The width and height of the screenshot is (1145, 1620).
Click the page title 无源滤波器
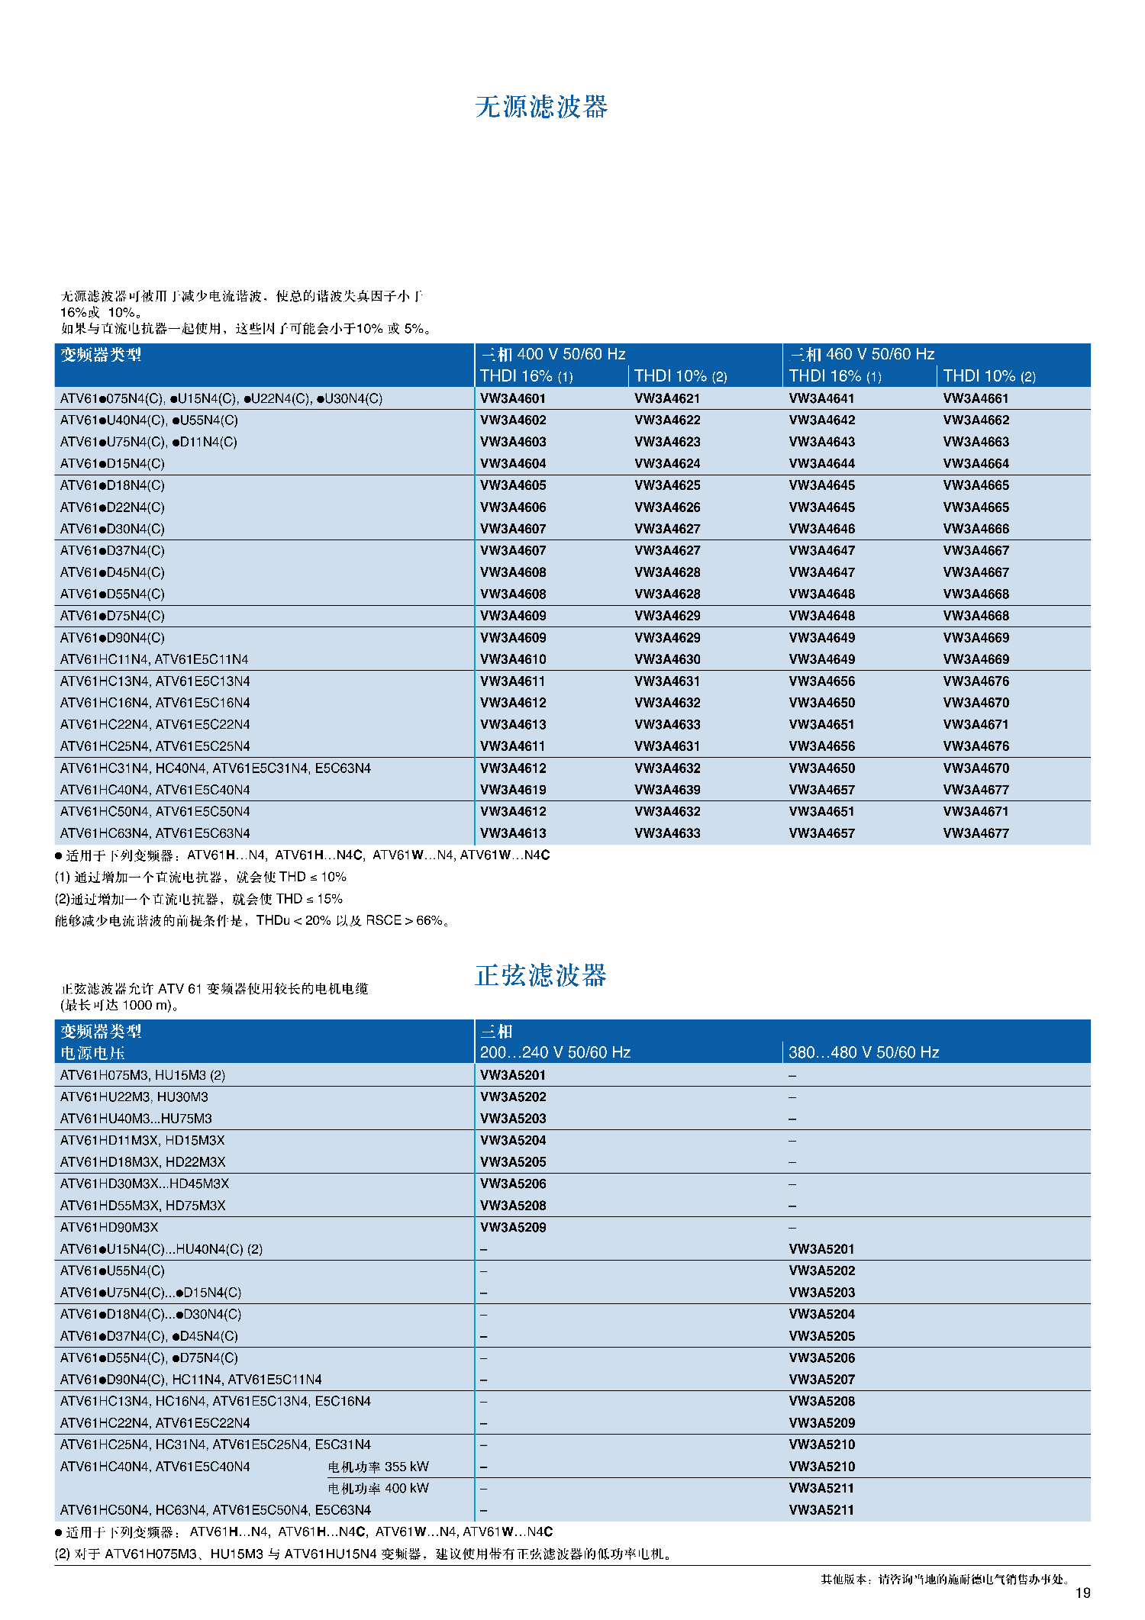[x=541, y=107]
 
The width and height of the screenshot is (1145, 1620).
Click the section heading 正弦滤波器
[x=540, y=975]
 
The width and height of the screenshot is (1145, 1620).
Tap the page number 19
[x=1082, y=1593]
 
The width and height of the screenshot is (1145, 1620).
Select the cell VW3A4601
[x=513, y=398]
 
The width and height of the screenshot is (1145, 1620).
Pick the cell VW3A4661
[x=976, y=398]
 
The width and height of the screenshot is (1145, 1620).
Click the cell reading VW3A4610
[x=513, y=659]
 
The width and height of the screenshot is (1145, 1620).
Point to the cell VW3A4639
[x=667, y=790]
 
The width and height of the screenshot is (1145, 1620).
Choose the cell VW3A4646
[x=821, y=529]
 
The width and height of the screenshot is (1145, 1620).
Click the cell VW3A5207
[x=821, y=1380]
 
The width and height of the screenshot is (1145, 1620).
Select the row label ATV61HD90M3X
[x=109, y=1227]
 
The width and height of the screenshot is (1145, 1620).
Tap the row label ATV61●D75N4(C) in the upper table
[x=112, y=616]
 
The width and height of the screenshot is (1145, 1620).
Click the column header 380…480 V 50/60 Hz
[x=863, y=1052]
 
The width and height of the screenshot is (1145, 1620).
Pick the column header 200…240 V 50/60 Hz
[x=555, y=1052]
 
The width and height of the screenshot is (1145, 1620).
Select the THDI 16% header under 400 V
[x=526, y=376]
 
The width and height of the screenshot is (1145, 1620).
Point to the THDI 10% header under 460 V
[x=989, y=376]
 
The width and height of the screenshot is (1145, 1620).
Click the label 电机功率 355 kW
[x=378, y=1467]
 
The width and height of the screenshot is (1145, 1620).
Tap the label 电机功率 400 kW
[x=378, y=1488]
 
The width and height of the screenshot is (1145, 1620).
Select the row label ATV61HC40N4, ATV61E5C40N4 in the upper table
[x=155, y=790]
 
